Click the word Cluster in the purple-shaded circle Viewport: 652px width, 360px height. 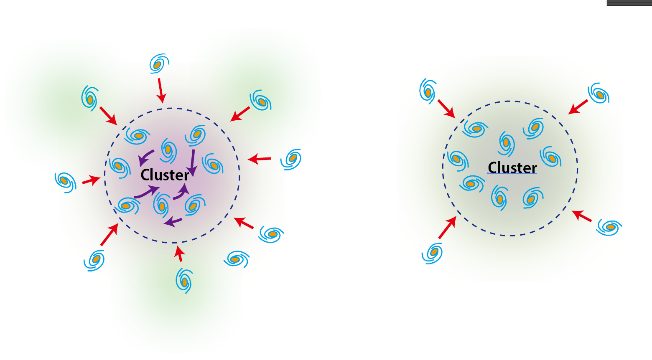[165, 175]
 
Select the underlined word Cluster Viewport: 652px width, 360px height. [512, 168]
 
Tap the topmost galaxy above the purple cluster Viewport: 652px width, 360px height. [158, 64]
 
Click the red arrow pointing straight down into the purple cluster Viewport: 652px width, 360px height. [160, 90]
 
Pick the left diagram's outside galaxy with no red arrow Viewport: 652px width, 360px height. [236, 259]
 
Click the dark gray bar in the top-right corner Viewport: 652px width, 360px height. [629, 3]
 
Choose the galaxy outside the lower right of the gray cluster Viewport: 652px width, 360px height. [610, 227]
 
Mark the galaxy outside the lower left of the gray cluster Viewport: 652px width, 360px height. [433, 253]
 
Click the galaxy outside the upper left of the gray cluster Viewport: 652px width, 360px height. [428, 91]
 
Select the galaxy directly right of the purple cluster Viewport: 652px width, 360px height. [291, 159]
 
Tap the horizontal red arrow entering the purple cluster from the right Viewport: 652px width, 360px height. [260, 159]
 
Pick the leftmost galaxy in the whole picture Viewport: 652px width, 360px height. [65, 181]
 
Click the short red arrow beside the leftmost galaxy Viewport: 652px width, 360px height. [91, 181]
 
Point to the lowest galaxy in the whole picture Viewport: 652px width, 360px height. [184, 280]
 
